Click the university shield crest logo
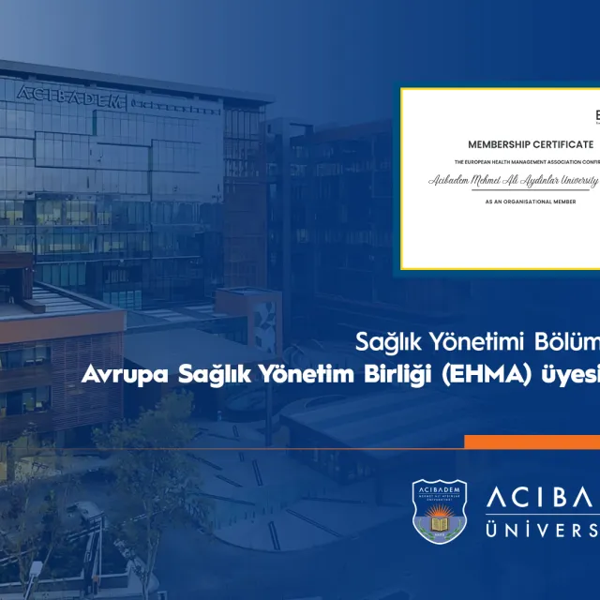tap(440, 512)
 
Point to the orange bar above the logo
tap(532, 442)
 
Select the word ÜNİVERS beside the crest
tap(543, 531)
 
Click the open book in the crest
tap(440, 517)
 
